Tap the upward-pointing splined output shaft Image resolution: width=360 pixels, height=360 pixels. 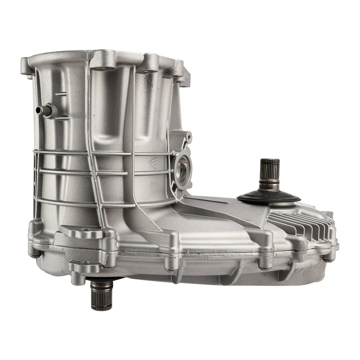[270, 173]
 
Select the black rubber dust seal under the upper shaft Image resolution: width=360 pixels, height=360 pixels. [269, 198]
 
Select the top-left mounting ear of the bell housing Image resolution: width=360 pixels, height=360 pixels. [28, 66]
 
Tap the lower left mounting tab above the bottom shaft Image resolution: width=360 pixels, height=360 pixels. [85, 268]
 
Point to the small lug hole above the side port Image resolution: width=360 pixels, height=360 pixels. [189, 135]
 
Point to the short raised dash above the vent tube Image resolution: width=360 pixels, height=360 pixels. [62, 94]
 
